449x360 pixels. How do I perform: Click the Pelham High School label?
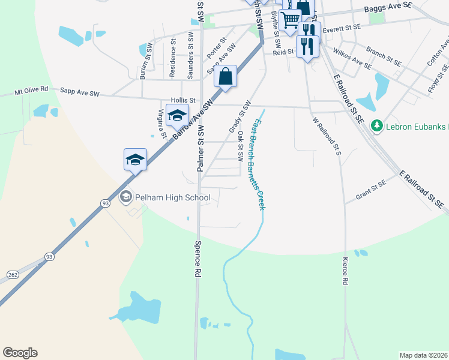point(172,197)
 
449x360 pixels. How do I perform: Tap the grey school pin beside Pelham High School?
point(126,196)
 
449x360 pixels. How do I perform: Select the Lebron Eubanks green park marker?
point(377,126)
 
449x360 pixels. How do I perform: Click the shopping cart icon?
point(291,19)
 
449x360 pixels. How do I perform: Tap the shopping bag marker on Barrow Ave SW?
point(225,77)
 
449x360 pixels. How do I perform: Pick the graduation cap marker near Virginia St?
point(177,116)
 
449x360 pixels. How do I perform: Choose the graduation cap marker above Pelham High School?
point(135,160)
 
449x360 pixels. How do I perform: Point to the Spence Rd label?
point(197,259)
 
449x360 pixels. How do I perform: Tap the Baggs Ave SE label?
point(388,7)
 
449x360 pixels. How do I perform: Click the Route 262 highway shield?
point(13,274)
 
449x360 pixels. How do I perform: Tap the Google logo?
point(20,353)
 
